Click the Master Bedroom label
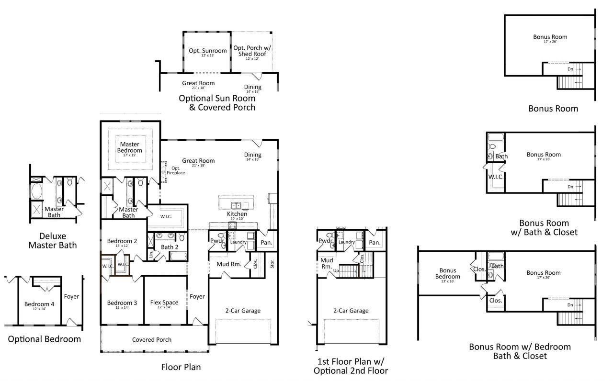(x=131, y=147)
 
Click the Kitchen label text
(x=237, y=214)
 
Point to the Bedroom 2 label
(x=122, y=241)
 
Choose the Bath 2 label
(x=170, y=247)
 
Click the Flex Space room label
(x=164, y=303)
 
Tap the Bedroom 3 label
(x=122, y=303)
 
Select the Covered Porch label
(x=152, y=340)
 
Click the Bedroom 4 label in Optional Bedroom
(x=40, y=304)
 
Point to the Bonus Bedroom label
(x=448, y=273)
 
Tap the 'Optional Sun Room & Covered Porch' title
(x=217, y=102)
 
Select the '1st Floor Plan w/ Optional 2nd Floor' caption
(x=351, y=366)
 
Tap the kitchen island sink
(x=237, y=205)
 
